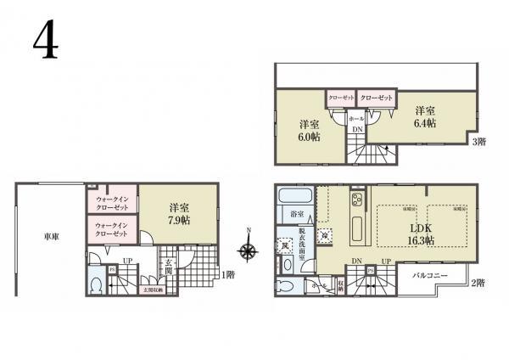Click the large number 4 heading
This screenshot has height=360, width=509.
pos(48,39)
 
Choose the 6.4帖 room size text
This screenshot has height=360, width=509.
pos(425,123)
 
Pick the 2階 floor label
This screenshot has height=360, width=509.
pos(478,282)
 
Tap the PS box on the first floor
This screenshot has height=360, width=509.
pos(113,270)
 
